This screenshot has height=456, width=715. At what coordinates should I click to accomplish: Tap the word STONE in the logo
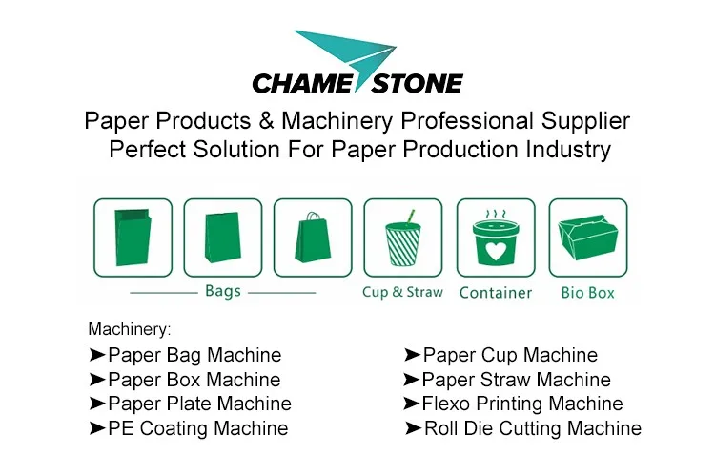tap(418, 84)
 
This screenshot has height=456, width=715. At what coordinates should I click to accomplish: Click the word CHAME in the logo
tap(302, 84)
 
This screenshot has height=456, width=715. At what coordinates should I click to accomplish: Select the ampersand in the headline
tap(266, 121)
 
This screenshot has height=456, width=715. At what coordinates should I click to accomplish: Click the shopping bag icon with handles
tap(313, 238)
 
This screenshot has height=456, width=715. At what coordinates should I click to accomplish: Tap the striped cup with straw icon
tap(403, 238)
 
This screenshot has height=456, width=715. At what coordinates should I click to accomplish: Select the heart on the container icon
tap(496, 251)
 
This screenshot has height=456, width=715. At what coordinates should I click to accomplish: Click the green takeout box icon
tap(588, 238)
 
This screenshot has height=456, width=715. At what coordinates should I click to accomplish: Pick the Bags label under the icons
tap(222, 291)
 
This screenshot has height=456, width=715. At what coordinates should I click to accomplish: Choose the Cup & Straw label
tap(402, 292)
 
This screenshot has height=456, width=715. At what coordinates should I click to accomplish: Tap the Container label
tap(496, 293)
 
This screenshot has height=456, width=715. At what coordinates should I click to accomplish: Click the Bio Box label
tap(588, 293)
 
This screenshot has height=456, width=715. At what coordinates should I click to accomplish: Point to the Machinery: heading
tap(130, 329)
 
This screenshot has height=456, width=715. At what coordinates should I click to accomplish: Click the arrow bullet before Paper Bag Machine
tap(97, 355)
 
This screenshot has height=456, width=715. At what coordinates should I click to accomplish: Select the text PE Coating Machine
tap(198, 428)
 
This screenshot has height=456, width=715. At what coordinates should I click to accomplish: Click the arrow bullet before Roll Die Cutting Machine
tap(413, 428)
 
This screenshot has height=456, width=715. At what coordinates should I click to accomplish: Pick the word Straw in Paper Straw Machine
tap(504, 380)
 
